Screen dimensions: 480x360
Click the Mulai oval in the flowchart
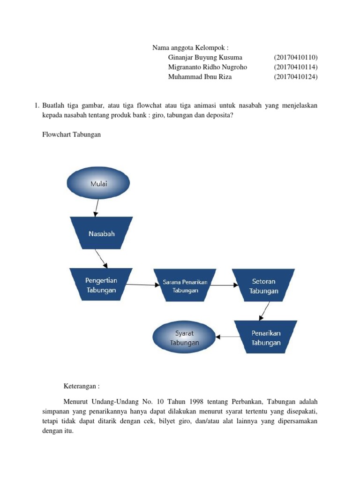[98, 183]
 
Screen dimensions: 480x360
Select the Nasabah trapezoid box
[101, 232]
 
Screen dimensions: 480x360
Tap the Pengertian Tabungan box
[101, 285]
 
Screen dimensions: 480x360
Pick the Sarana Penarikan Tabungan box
[185, 285]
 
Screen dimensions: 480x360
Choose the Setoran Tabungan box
[263, 285]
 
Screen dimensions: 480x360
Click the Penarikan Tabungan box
[266, 337]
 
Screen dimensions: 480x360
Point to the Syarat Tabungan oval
[184, 337]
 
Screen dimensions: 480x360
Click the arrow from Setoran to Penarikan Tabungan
[263, 311]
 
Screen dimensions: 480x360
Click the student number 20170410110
[296, 57]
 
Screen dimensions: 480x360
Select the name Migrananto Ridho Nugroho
[207, 67]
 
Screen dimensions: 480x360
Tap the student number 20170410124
[296, 77]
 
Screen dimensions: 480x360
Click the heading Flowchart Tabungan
[72, 135]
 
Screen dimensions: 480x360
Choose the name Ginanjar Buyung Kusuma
[205, 57]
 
